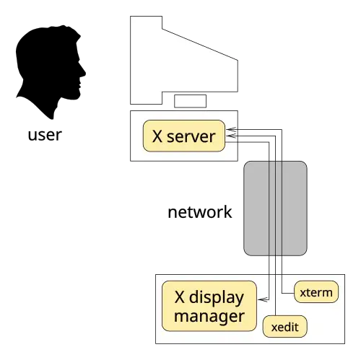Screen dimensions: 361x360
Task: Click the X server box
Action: pyautogui.click(x=184, y=136)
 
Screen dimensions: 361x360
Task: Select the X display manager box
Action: pyautogui.click(x=209, y=306)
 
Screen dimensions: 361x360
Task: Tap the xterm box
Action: pyautogui.click(x=316, y=291)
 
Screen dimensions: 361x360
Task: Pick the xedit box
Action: pyautogui.click(x=285, y=326)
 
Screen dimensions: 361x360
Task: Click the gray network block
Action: pyautogui.click(x=275, y=208)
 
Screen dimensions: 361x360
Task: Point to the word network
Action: pyautogui.click(x=200, y=212)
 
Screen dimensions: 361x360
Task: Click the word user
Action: pyautogui.click(x=45, y=135)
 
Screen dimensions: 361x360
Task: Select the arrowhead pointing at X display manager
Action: pyautogui.click(x=263, y=299)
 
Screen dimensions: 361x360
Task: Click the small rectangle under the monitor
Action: pyautogui.click(x=190, y=101)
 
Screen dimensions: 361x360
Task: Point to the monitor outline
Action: pyautogui.click(x=130, y=60)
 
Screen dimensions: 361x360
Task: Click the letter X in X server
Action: pyautogui.click(x=157, y=136)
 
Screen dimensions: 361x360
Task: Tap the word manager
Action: pyautogui.click(x=209, y=317)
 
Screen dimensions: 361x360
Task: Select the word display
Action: pyautogui.click(x=217, y=298)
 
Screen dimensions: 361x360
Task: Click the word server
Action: pyautogui.click(x=191, y=136)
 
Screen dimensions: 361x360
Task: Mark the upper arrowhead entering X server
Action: pyautogui.click(x=231, y=130)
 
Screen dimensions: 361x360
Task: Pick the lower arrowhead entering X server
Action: pyautogui.click(x=231, y=136)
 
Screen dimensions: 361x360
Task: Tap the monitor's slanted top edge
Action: pyautogui.click(x=200, y=45)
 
